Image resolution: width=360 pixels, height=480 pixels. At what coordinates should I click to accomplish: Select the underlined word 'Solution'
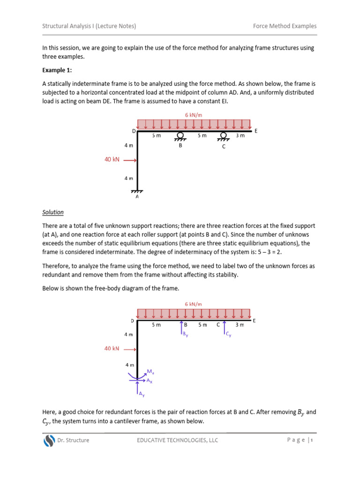coord(53,212)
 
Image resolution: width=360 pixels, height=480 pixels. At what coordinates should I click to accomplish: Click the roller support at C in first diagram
coord(224,136)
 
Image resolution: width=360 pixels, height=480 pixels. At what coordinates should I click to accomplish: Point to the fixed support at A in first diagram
coord(137,192)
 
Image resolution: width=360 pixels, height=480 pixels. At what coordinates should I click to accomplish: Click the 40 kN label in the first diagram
coord(112,160)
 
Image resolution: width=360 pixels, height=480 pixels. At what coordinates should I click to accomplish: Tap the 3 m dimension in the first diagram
coord(240,135)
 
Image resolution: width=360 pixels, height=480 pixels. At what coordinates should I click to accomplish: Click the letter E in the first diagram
coord(256,131)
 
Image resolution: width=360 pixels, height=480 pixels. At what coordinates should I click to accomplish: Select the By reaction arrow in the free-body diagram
coord(182,329)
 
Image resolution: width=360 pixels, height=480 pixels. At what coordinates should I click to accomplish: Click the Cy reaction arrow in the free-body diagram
coord(225,328)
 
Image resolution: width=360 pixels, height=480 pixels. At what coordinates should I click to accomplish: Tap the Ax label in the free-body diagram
coord(149,381)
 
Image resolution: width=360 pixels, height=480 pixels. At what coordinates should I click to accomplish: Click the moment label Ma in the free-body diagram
coord(150,372)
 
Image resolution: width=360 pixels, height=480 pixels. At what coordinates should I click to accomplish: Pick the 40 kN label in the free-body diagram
coord(112,349)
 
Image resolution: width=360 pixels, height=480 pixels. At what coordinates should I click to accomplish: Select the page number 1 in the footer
coord(311,440)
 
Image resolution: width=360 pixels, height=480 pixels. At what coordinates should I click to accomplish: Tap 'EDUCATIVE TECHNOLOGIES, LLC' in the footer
coord(177,440)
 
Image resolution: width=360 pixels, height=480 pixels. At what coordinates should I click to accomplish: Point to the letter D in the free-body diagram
coord(133,321)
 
